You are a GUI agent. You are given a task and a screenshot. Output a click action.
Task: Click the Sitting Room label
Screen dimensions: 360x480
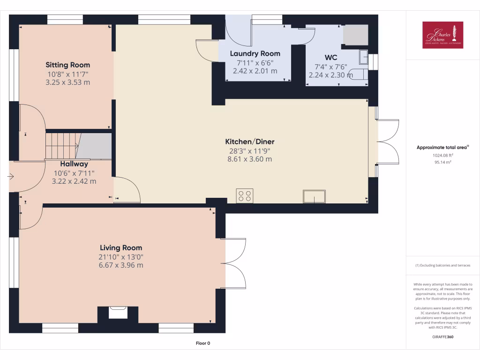tap(67, 65)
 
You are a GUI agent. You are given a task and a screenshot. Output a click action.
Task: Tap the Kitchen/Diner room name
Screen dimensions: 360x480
tap(249, 142)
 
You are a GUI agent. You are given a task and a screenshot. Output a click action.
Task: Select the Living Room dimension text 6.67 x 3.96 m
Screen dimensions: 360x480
tap(121, 265)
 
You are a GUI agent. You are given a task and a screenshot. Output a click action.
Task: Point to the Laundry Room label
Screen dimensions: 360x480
tap(255, 53)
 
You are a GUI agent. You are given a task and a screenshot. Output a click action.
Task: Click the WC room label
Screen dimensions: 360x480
tap(331, 58)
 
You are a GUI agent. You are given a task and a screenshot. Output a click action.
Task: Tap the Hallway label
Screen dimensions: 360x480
tap(74, 164)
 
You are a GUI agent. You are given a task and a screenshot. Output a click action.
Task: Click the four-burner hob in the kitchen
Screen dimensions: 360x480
tap(245, 195)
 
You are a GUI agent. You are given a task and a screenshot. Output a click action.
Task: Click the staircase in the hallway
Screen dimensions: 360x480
tap(61, 145)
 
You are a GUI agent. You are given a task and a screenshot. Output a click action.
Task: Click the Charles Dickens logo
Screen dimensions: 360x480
tap(442, 35)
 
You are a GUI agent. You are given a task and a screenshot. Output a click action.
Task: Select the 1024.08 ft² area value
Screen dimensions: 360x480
tap(442, 155)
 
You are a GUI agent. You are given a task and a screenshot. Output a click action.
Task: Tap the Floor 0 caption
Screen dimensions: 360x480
tap(202, 343)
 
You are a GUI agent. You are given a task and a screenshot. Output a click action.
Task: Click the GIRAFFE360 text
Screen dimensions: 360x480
tap(443, 337)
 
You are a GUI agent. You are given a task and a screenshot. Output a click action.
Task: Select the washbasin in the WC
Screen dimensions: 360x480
tap(364, 57)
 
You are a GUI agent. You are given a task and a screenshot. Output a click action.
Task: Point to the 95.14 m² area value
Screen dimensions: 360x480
tap(442, 162)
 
